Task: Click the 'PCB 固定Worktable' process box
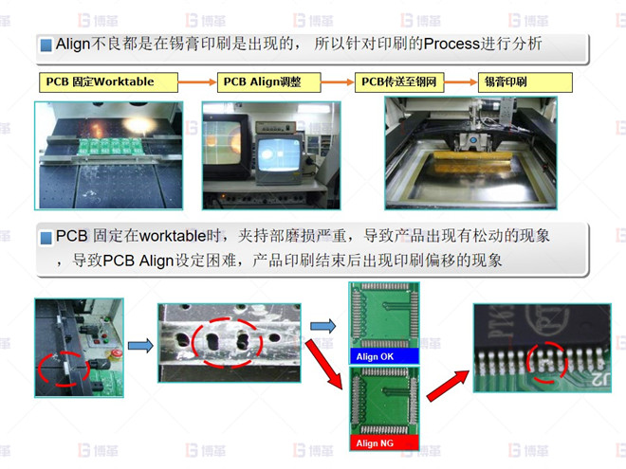click(108, 82)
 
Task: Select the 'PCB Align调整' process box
click(268, 82)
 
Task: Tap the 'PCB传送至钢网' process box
click(399, 82)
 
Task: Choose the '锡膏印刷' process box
click(525, 82)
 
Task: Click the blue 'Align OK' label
click(384, 356)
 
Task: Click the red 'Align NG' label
click(384, 442)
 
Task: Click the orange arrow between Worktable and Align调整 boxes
click(197, 82)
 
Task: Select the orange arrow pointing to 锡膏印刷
click(461, 82)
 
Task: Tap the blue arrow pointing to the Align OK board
click(323, 326)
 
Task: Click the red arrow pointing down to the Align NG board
click(324, 364)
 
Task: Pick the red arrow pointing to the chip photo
click(448, 386)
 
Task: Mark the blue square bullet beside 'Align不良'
click(46, 45)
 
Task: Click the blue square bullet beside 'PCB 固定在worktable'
click(46, 238)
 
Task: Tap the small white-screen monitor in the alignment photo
click(279, 158)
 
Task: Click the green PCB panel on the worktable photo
click(111, 147)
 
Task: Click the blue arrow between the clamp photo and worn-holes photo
click(140, 346)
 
